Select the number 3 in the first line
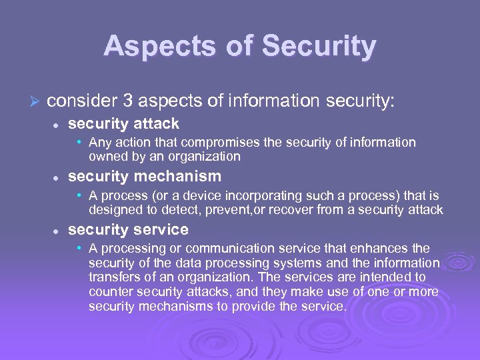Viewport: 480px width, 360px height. click(x=128, y=101)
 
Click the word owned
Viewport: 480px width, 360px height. click(x=107, y=157)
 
